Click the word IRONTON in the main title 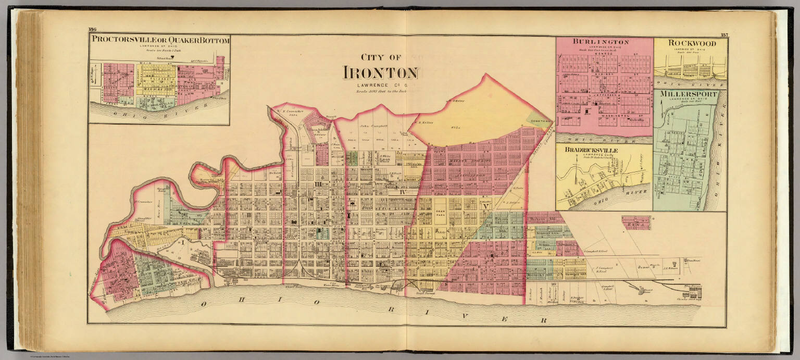[380, 73]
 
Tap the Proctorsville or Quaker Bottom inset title [160, 41]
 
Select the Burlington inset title [601, 42]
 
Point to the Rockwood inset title [690, 43]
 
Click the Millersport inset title [689, 94]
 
